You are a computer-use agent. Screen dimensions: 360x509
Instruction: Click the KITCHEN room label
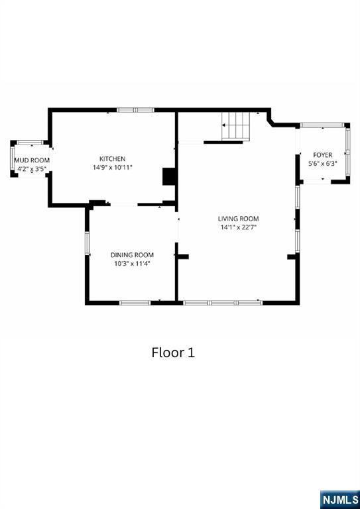point(112,159)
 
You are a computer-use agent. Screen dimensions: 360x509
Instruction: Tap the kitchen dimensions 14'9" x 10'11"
point(112,168)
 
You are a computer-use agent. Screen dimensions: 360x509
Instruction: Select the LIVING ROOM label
point(238,219)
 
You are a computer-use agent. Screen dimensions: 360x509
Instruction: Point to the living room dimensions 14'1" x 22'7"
point(238,227)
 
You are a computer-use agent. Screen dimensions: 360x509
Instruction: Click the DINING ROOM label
point(132,254)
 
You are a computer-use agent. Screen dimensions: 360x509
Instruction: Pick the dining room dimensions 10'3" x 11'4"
point(132,264)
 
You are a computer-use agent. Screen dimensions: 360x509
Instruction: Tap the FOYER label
point(322,155)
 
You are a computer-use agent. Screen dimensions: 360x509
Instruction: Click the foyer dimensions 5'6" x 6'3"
point(322,164)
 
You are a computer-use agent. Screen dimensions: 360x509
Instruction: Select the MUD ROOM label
point(32,160)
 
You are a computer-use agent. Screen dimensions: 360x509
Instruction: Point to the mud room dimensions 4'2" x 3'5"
point(32,169)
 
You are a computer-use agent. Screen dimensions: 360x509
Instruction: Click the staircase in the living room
point(236,127)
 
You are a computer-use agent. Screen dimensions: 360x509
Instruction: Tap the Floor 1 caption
point(173,353)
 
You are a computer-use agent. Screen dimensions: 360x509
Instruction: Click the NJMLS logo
point(340,500)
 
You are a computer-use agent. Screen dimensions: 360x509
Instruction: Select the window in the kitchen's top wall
point(135,110)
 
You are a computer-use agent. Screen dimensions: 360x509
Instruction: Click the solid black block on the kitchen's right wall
point(169,176)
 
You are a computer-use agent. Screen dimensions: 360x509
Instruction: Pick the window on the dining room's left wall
point(87,243)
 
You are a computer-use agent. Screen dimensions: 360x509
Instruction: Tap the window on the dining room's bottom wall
point(135,303)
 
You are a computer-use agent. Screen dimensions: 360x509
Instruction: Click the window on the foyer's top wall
point(322,125)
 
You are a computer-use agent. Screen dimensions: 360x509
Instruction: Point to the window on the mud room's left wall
point(13,159)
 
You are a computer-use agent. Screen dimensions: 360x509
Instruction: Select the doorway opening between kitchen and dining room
point(124,204)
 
